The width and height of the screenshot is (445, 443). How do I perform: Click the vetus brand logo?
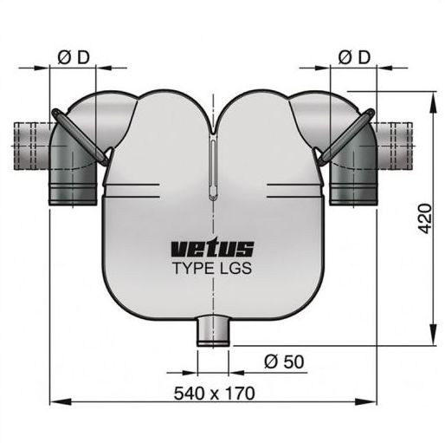coord(212,249)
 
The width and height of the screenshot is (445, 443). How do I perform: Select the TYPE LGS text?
coord(212,268)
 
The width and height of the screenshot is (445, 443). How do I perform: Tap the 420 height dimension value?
coord(425,218)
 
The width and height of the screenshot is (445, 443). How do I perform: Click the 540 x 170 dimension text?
coord(215,393)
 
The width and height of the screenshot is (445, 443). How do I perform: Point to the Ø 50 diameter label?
coord(284,362)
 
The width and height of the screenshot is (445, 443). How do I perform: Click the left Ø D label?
coord(74,57)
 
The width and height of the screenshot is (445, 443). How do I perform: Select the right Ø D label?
coord(354,57)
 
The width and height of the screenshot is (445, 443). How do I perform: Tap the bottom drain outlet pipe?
coord(213,331)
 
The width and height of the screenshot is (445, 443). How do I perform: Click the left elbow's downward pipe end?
coord(73,193)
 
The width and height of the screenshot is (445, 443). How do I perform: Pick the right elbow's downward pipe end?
coord(353,193)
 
